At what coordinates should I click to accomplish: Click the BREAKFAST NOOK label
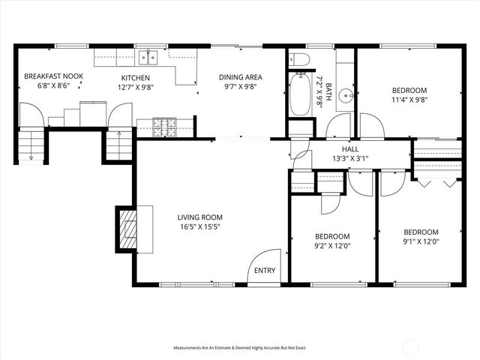tap(53, 76)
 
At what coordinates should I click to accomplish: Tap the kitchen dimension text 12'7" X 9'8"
tap(136, 88)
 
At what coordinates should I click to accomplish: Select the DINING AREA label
tap(240, 76)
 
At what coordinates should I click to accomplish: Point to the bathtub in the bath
tap(300, 94)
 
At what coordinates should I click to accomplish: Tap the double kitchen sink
tap(148, 56)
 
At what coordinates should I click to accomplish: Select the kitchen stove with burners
tap(163, 127)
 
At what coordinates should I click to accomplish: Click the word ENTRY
tap(264, 271)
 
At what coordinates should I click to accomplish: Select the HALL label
tap(351, 148)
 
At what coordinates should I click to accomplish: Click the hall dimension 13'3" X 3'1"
tap(351, 158)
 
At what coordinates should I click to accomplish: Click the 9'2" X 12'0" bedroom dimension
tap(332, 244)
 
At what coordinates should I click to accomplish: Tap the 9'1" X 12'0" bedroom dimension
tap(421, 242)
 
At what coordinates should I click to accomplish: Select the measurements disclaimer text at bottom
tap(240, 348)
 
